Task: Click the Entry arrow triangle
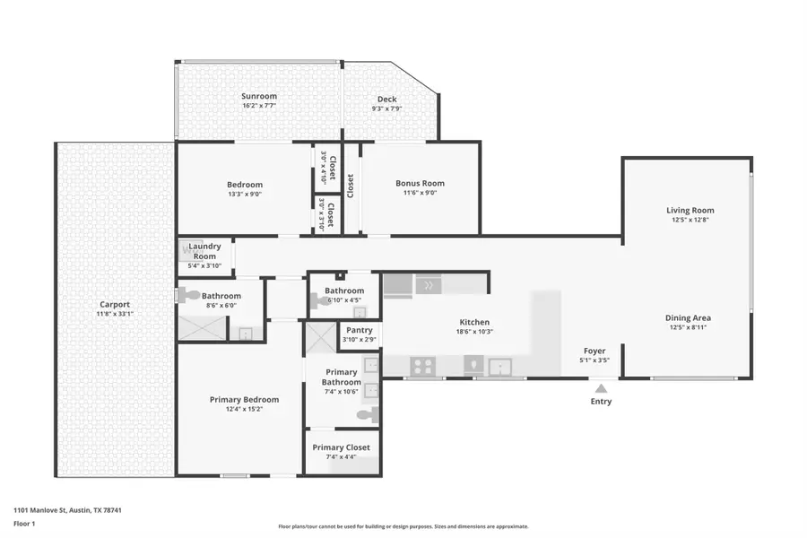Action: [601, 387]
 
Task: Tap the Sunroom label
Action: [258, 96]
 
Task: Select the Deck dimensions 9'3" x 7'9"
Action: [386, 108]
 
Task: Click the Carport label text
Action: [114, 304]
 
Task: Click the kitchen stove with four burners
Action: [423, 366]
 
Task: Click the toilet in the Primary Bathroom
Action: [368, 414]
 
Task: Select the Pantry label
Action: [359, 330]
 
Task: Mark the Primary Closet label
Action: [341, 447]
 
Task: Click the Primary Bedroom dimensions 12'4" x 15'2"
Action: [244, 410]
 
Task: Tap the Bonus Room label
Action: [420, 184]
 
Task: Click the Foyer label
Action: [594, 351]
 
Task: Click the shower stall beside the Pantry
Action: [320, 338]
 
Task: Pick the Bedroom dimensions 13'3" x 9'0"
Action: [244, 195]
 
